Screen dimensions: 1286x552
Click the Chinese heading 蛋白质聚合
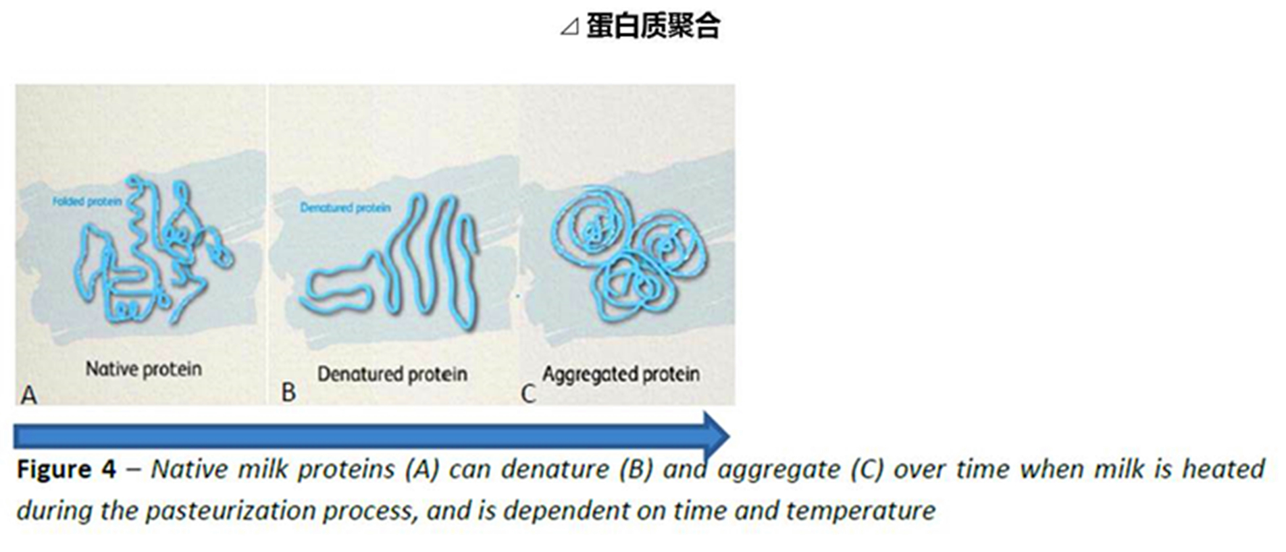pyautogui.click(x=653, y=26)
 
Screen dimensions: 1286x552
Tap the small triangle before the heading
pyautogui.click(x=570, y=28)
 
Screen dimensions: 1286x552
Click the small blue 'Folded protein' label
pyautogui.click(x=88, y=201)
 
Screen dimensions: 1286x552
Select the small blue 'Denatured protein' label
pyautogui.click(x=345, y=208)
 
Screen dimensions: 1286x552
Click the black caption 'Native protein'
pyautogui.click(x=143, y=369)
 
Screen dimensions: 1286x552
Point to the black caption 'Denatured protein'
pyautogui.click(x=392, y=374)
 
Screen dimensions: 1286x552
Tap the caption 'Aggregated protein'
pyautogui.click(x=621, y=374)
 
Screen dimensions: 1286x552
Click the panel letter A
pyautogui.click(x=28, y=395)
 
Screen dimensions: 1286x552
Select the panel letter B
pyautogui.click(x=288, y=392)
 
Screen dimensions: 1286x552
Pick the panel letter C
pyautogui.click(x=528, y=393)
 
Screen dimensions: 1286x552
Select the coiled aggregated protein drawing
pyautogui.click(x=628, y=256)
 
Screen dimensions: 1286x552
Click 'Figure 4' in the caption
pyautogui.click(x=66, y=469)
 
